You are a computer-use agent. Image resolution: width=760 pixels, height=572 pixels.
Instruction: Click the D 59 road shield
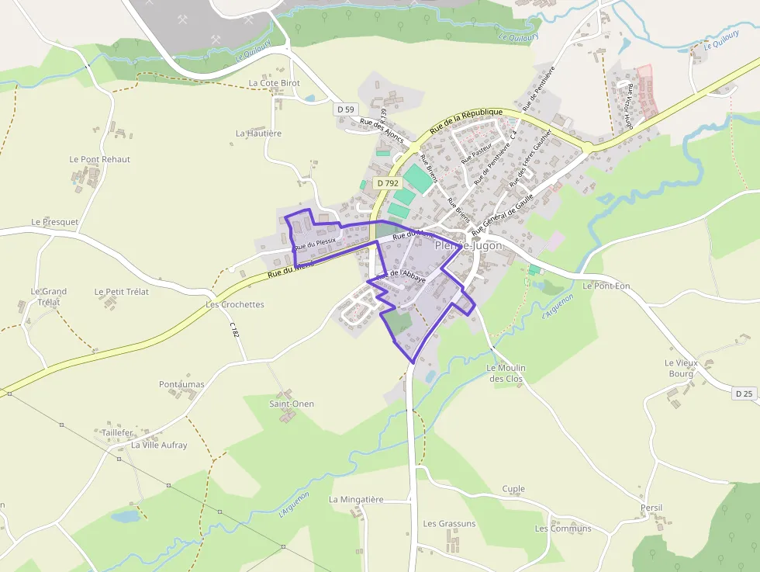tap(346, 109)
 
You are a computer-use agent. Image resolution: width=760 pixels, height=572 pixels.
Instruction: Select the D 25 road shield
tap(743, 393)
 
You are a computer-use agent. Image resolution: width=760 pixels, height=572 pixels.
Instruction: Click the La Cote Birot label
tap(274, 83)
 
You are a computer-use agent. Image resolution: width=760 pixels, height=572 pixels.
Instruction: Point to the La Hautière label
tap(258, 133)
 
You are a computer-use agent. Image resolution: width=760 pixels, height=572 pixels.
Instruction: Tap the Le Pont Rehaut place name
tap(99, 159)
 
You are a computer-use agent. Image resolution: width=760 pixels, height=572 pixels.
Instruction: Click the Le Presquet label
tap(55, 222)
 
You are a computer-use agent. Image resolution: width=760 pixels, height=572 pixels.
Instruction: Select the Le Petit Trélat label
tap(122, 292)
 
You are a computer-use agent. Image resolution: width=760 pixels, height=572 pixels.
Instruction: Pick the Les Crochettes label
tap(234, 304)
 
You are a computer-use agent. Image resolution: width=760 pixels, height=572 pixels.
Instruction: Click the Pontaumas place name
tap(181, 384)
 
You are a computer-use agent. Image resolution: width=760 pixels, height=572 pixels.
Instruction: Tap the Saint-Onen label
tap(292, 404)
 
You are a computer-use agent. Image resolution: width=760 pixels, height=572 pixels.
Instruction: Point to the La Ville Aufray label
tap(159, 445)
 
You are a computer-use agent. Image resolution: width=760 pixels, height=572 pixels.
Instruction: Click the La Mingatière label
tap(356, 499)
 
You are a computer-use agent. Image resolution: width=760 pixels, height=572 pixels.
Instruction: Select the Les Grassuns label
tap(449, 524)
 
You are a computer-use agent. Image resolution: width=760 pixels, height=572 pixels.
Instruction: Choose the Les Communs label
tap(563, 529)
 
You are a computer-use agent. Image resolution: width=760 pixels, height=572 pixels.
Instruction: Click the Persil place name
tap(651, 508)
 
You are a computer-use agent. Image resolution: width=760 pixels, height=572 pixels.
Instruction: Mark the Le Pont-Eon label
tap(606, 286)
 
